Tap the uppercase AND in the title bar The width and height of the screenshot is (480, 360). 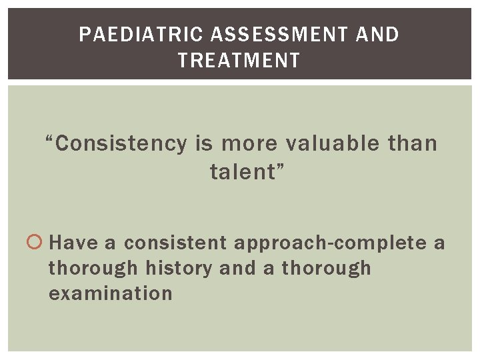click(377, 35)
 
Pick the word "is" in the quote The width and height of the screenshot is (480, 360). click(204, 144)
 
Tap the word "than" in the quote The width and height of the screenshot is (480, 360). click(412, 144)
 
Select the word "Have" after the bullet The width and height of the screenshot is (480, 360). click(73, 243)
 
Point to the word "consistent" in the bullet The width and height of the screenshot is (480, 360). click(175, 243)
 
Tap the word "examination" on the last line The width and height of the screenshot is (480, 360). click(111, 293)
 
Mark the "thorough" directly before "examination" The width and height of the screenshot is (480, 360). click(326, 268)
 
